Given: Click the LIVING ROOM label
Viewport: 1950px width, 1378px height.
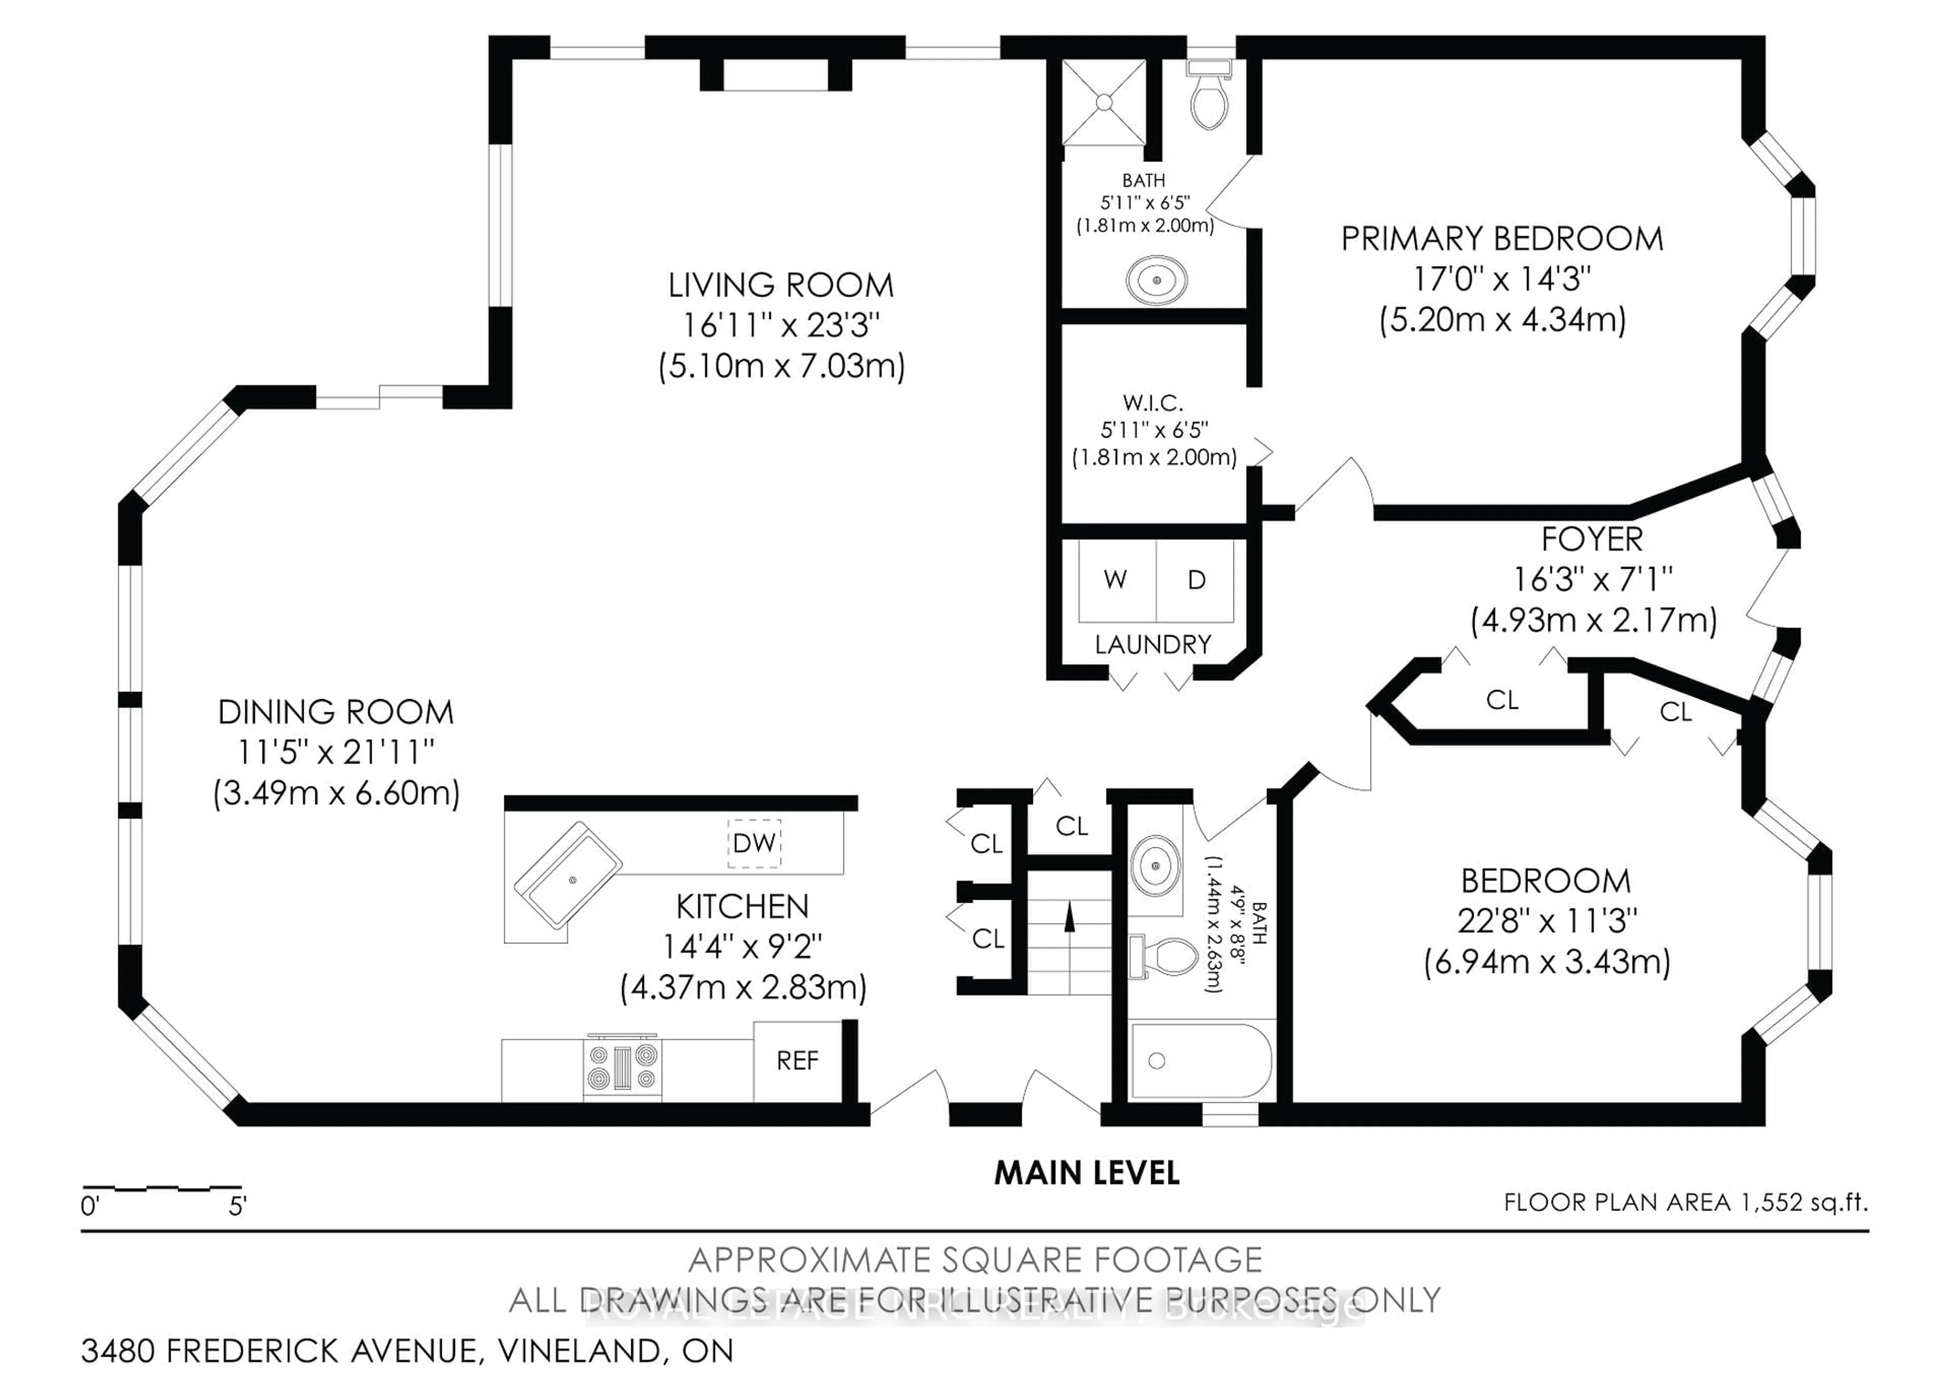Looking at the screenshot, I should (781, 285).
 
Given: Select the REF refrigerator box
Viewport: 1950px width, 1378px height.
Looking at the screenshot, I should (797, 1061).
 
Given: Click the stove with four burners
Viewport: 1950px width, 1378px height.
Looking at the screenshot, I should (623, 1067).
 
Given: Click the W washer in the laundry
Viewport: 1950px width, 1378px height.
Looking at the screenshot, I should (1115, 580).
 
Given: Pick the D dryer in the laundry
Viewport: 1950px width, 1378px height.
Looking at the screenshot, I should (1196, 580).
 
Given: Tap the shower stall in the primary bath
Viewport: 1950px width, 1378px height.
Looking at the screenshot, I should (1103, 103).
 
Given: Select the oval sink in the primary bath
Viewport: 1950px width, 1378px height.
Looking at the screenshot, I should (1156, 279).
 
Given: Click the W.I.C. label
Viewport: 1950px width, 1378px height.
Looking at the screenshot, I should (1153, 403).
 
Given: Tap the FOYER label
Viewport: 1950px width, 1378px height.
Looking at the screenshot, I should (1591, 539).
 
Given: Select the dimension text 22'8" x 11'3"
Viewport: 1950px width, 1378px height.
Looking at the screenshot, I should (1547, 921).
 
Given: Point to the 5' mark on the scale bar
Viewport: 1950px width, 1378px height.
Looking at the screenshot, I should (237, 1206).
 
